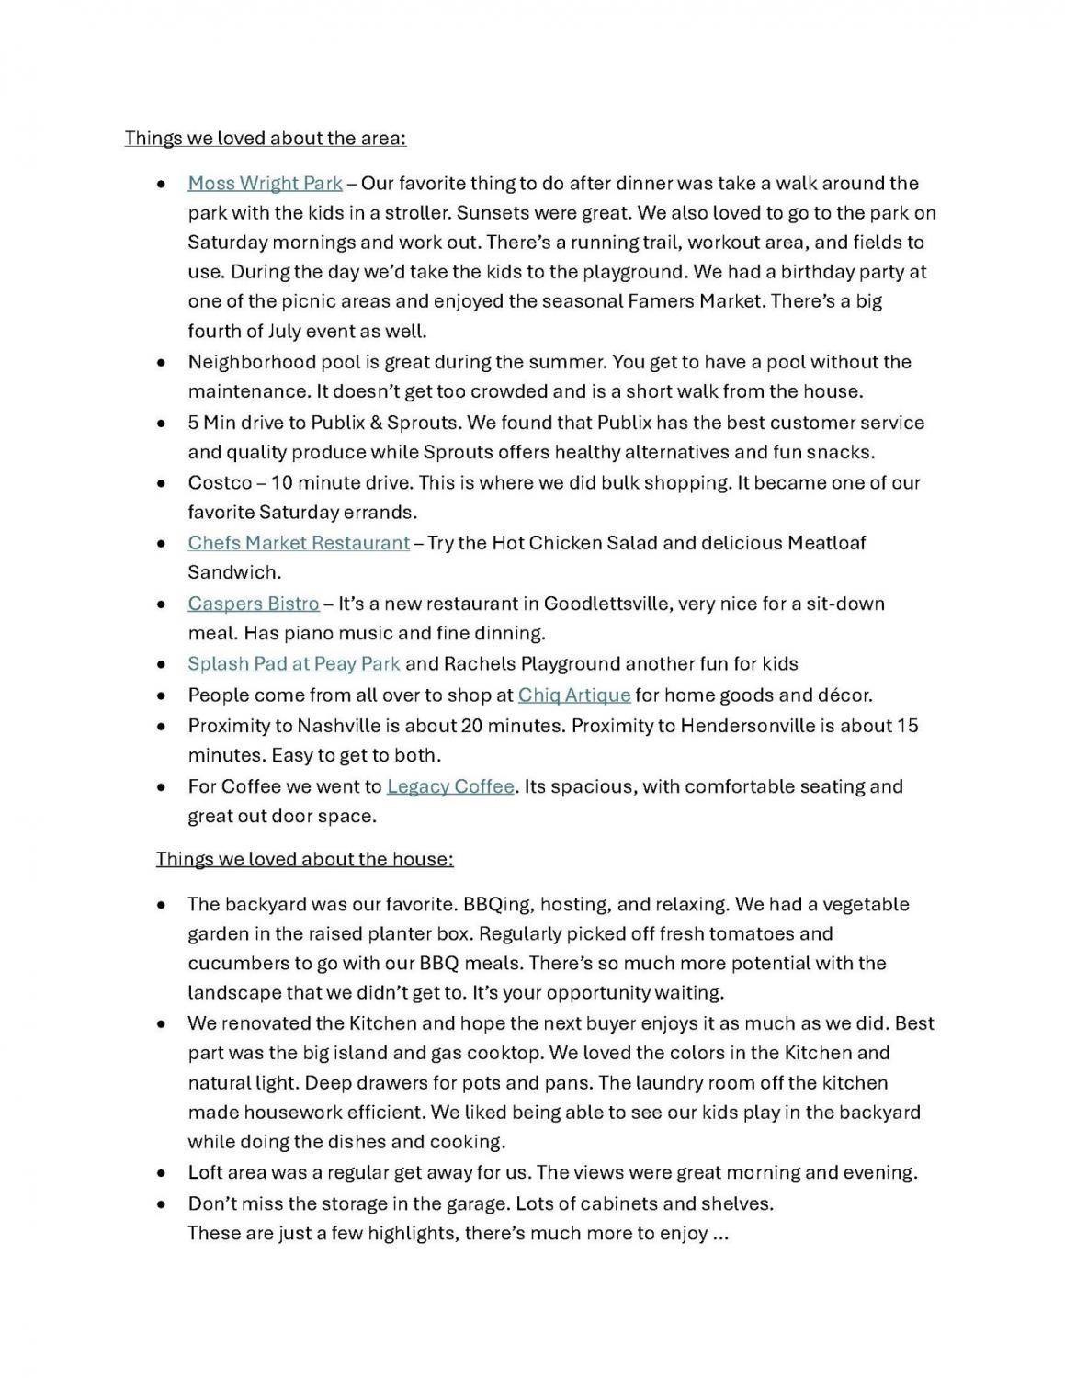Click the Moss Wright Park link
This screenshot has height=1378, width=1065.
pyautogui.click(x=265, y=184)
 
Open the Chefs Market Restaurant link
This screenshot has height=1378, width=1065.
pyautogui.click(x=299, y=543)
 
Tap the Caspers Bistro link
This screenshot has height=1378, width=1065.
pyautogui.click(x=254, y=604)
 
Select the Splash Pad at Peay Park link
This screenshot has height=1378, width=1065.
pyautogui.click(x=294, y=663)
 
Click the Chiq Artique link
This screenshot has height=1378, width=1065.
pyautogui.click(x=574, y=695)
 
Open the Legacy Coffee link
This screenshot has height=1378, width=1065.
pyautogui.click(x=450, y=786)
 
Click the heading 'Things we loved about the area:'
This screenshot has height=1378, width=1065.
pyautogui.click(x=266, y=139)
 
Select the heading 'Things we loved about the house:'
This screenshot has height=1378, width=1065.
pyautogui.click(x=304, y=859)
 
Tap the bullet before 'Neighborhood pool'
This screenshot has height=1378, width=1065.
pyautogui.click(x=162, y=363)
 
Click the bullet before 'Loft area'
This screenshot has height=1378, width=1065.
pyautogui.click(x=162, y=1174)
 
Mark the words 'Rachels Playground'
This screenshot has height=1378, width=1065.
pyautogui.click(x=519, y=663)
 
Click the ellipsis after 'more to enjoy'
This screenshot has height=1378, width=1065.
pyautogui.click(x=720, y=1234)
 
